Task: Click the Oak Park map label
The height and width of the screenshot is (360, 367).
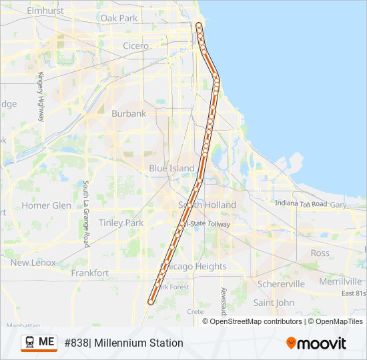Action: (x=118, y=19)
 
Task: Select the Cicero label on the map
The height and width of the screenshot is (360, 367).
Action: (x=136, y=46)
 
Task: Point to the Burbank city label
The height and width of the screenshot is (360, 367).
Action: (x=129, y=114)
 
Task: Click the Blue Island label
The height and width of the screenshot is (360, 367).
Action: (x=171, y=169)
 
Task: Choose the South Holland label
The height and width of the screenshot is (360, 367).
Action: (x=207, y=205)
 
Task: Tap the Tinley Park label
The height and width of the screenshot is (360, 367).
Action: (x=121, y=223)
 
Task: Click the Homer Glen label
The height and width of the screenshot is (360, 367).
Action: (x=46, y=206)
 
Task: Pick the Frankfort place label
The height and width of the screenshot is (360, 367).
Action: (x=89, y=273)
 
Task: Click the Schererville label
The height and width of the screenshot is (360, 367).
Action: (x=281, y=284)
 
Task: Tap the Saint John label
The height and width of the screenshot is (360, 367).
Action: (x=274, y=303)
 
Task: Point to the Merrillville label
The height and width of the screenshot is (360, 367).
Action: (x=340, y=282)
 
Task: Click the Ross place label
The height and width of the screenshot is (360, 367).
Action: (x=320, y=253)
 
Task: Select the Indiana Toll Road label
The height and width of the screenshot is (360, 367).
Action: (x=301, y=203)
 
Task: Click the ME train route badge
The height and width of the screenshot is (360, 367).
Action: (x=39, y=342)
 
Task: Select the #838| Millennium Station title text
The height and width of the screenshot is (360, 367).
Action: (x=123, y=343)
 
